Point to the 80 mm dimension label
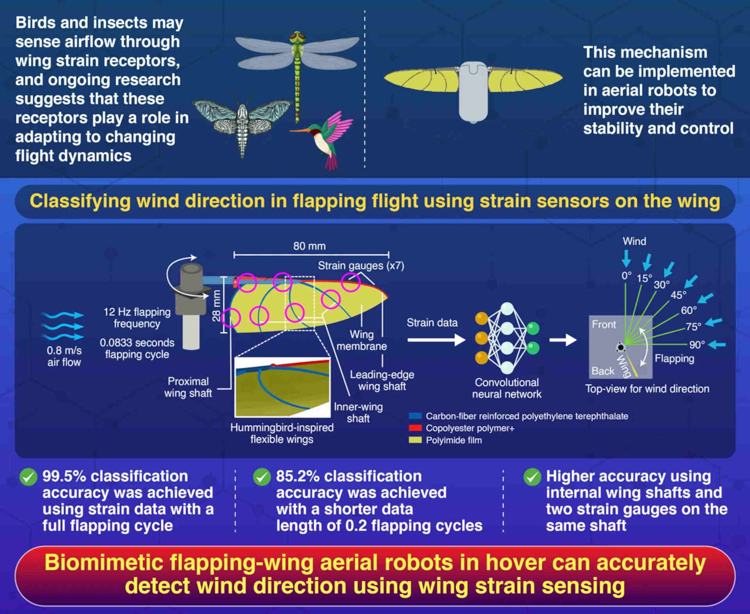coord(309,246)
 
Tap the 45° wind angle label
coord(678,295)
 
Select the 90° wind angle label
coord(697,345)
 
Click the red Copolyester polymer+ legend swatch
coord(415,428)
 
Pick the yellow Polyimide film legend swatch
coord(415,440)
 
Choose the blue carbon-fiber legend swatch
coord(415,416)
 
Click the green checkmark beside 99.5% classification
coord(29,477)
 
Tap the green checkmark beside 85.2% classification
coord(262,477)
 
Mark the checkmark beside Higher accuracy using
coord(532,477)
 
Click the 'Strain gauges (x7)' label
coord(361,266)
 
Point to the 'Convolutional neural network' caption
coord(507,388)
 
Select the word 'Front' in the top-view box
coord(604,324)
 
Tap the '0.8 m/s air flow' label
coord(64,356)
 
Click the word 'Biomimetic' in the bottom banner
coord(103,563)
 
